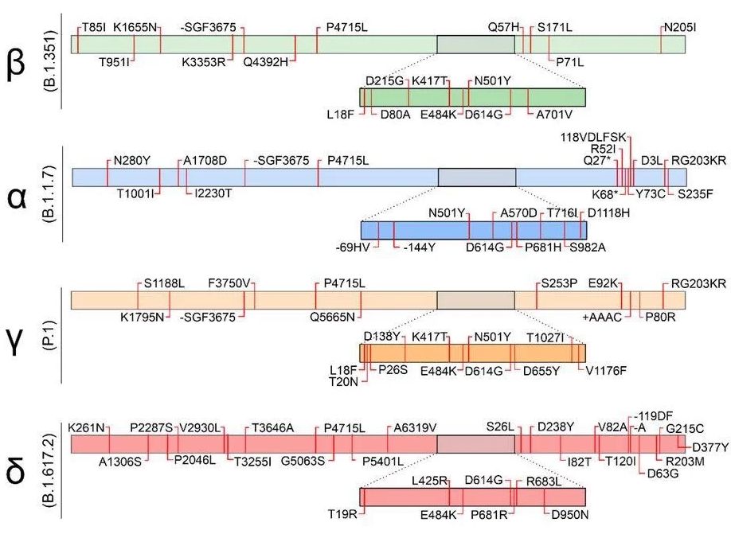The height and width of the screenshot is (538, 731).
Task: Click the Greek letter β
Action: pyautogui.click(x=16, y=67)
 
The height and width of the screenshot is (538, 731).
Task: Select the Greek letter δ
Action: pyautogui.click(x=15, y=473)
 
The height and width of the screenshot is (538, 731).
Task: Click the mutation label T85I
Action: pyautogui.click(x=93, y=27)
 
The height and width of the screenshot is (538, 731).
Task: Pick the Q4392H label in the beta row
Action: pyautogui.click(x=265, y=60)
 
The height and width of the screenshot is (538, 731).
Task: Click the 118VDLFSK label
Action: pyautogui.click(x=599, y=136)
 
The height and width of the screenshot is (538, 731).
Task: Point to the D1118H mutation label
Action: pyautogui.click(x=608, y=212)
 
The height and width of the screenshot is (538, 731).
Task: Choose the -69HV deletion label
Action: pyautogui.click(x=351, y=248)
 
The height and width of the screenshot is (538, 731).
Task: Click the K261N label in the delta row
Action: pyautogui.click(x=87, y=427)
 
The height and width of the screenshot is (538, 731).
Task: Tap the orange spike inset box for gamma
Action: pyautogui.click(x=472, y=353)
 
